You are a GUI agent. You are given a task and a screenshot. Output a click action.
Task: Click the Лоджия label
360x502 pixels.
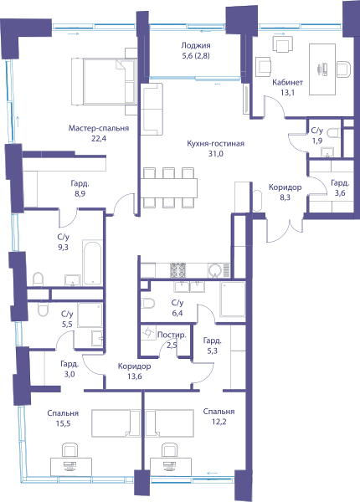(x=196, y=45)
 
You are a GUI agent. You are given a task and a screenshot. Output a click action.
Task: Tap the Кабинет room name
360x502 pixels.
(x=287, y=82)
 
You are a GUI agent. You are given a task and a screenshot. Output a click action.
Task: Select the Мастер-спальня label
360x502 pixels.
(x=99, y=128)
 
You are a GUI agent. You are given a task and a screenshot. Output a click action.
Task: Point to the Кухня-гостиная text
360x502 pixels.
(x=215, y=143)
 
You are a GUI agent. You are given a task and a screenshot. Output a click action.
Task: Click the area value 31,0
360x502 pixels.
(x=216, y=154)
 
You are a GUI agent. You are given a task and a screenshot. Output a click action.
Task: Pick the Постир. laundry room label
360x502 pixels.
(x=172, y=336)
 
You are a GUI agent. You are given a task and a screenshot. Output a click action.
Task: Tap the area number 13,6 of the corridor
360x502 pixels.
(x=134, y=376)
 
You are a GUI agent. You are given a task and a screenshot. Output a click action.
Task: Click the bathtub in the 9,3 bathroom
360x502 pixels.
(x=93, y=263)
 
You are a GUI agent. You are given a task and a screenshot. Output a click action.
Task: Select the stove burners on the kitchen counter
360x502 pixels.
(x=177, y=270)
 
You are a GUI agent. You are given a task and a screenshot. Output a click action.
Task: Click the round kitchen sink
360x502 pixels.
(x=215, y=270)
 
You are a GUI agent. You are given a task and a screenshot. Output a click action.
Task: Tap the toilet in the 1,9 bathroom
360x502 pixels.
(x=334, y=132)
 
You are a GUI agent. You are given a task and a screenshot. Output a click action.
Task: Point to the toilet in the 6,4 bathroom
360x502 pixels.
(x=147, y=303)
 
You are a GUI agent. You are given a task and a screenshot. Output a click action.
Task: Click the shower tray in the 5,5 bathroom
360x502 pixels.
(x=90, y=315)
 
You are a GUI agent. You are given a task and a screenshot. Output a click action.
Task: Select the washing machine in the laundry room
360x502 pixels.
(x=149, y=333)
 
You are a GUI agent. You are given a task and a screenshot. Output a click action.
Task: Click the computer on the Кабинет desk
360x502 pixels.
(x=322, y=69)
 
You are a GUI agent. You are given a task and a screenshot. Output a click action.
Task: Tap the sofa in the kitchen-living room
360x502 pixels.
(x=152, y=109)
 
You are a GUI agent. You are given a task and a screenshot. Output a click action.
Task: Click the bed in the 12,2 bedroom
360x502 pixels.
(x=169, y=423)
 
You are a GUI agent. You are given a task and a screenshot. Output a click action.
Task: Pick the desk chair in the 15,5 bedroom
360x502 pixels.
(x=69, y=449)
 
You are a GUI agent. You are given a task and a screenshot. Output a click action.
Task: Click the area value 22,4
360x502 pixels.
(x=98, y=139)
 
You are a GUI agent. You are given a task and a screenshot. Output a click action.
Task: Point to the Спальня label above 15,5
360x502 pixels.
(x=63, y=413)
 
